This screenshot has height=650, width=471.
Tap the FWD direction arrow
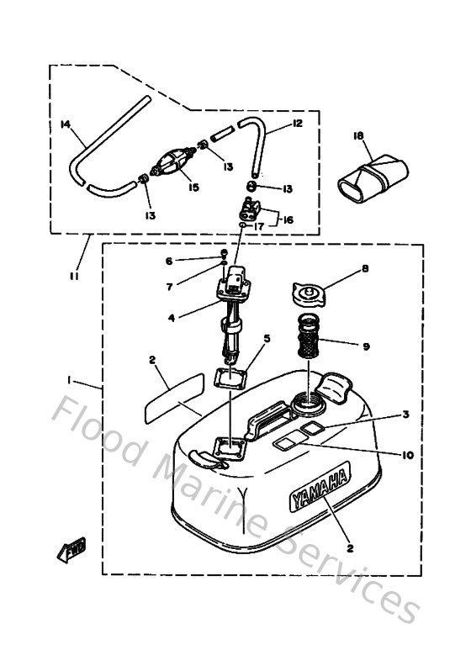pyautogui.click(x=67, y=551)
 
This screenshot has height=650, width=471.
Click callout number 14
pyautogui.click(x=65, y=125)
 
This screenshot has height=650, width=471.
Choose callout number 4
pyautogui.click(x=171, y=318)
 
